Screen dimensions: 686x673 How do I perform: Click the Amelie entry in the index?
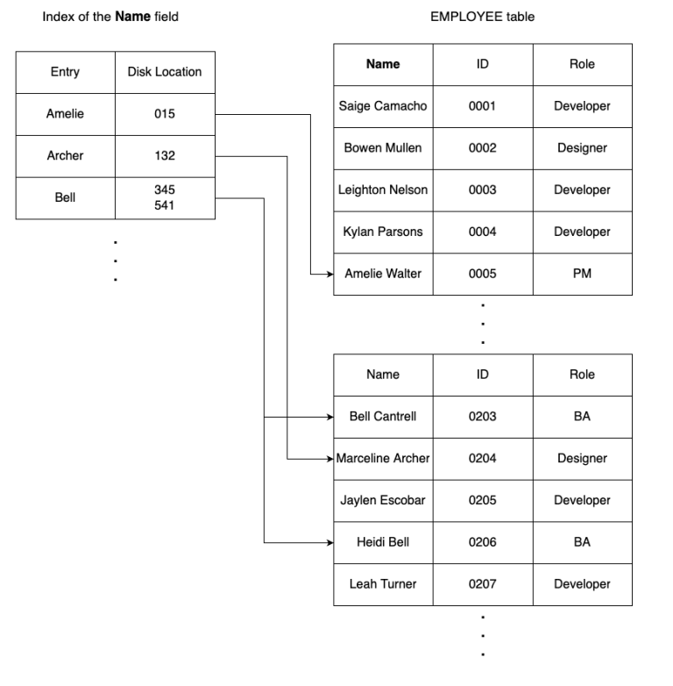(65, 114)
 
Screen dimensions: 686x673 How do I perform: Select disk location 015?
(165, 114)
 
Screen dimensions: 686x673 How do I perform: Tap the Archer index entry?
(65, 156)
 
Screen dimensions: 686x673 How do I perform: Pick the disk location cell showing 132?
(165, 156)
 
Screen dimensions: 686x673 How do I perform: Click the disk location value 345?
(165, 189)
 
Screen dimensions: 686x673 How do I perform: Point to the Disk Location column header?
(165, 72)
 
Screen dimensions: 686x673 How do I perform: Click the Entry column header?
(65, 72)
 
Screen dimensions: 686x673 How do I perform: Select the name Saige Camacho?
(383, 106)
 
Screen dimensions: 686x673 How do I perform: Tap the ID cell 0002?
(482, 148)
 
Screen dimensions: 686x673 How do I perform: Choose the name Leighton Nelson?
(383, 190)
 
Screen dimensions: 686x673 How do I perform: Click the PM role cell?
(582, 274)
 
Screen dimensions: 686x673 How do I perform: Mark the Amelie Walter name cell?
(383, 274)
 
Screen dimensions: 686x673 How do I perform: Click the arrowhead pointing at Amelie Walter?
(329, 275)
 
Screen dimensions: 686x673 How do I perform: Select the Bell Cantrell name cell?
(383, 417)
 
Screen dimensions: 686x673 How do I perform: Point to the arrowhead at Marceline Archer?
(329, 459)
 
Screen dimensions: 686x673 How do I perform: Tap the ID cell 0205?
(482, 500)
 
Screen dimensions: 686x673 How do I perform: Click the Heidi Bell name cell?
(383, 542)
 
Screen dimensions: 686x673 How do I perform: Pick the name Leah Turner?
(383, 584)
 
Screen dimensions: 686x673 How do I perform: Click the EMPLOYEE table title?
(482, 17)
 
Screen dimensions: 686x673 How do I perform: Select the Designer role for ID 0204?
(582, 459)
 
